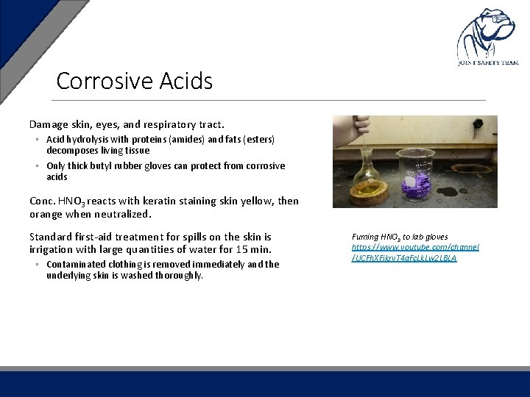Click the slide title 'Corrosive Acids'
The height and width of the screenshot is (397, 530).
point(134,81)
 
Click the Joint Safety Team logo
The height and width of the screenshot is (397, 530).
point(489,37)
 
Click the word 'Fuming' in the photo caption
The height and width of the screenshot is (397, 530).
point(366,237)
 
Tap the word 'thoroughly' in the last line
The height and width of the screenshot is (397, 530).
point(180,276)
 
